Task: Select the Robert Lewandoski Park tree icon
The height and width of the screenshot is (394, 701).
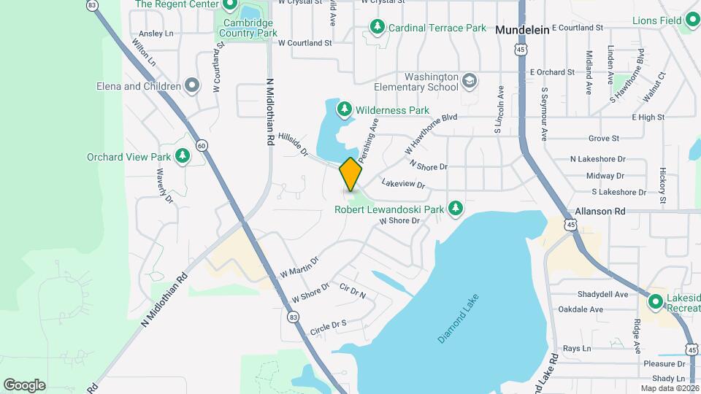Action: click(x=456, y=209)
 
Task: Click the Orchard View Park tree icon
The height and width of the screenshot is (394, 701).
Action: click(x=183, y=156)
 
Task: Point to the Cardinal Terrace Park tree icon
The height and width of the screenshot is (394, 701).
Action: click(x=377, y=28)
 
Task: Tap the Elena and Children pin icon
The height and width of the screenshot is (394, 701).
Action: click(x=192, y=86)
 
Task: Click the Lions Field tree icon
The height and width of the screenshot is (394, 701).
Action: click(x=692, y=20)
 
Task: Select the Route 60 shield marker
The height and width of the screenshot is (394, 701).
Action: click(x=202, y=145)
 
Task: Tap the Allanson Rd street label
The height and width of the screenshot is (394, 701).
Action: click(x=600, y=211)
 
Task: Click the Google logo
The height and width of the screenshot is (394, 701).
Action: click(x=24, y=385)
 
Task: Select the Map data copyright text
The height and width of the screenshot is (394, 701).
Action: click(x=670, y=388)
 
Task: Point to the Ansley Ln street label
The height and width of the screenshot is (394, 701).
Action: click(x=156, y=34)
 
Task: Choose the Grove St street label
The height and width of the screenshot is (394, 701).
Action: click(x=604, y=138)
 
